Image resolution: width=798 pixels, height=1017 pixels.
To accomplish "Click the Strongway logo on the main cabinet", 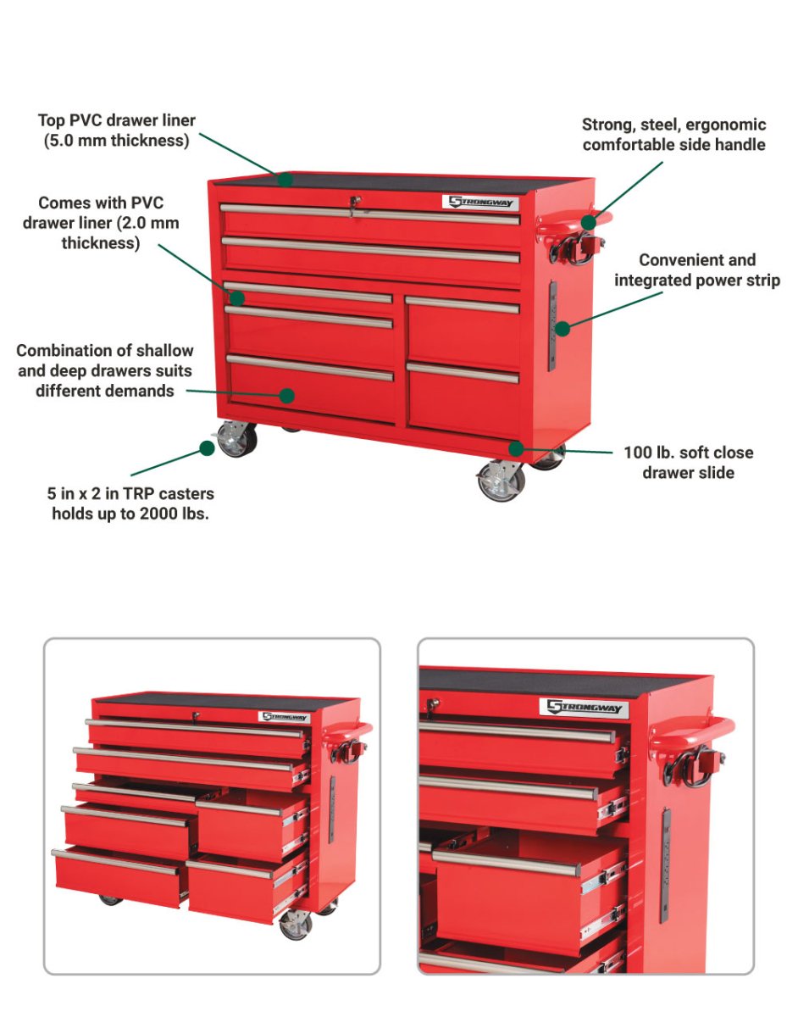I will [x=479, y=203].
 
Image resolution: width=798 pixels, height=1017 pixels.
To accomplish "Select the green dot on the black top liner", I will [x=286, y=179].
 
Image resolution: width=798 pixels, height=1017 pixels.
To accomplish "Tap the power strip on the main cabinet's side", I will [x=551, y=326].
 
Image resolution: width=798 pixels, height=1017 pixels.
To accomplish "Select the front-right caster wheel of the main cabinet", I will [x=501, y=481].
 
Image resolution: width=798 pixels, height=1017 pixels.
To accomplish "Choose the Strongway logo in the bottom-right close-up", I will [x=585, y=707].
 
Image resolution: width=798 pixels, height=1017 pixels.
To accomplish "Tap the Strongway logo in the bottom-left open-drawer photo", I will [x=284, y=717].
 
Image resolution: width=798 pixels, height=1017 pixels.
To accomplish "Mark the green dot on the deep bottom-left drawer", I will [x=287, y=395].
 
